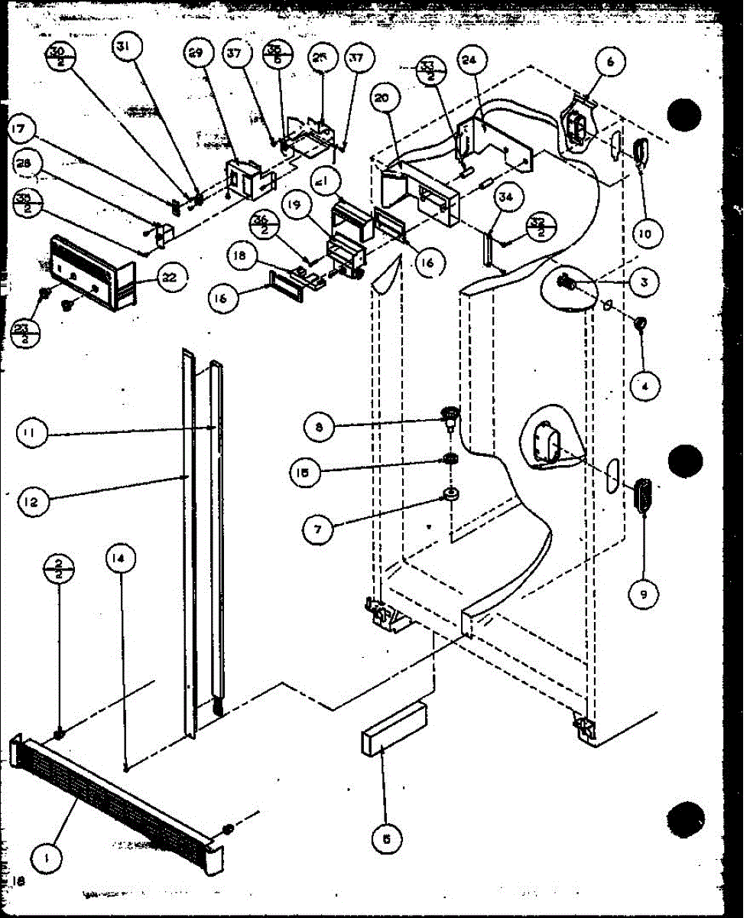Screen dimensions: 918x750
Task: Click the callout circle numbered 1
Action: [x=48, y=858]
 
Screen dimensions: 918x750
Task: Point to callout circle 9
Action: [x=643, y=593]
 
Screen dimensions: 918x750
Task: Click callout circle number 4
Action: [x=644, y=386]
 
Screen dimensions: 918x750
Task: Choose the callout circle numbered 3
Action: [x=644, y=282]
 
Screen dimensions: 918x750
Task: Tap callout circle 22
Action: [x=168, y=278]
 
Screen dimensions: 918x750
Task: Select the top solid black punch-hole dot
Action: [x=683, y=116]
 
